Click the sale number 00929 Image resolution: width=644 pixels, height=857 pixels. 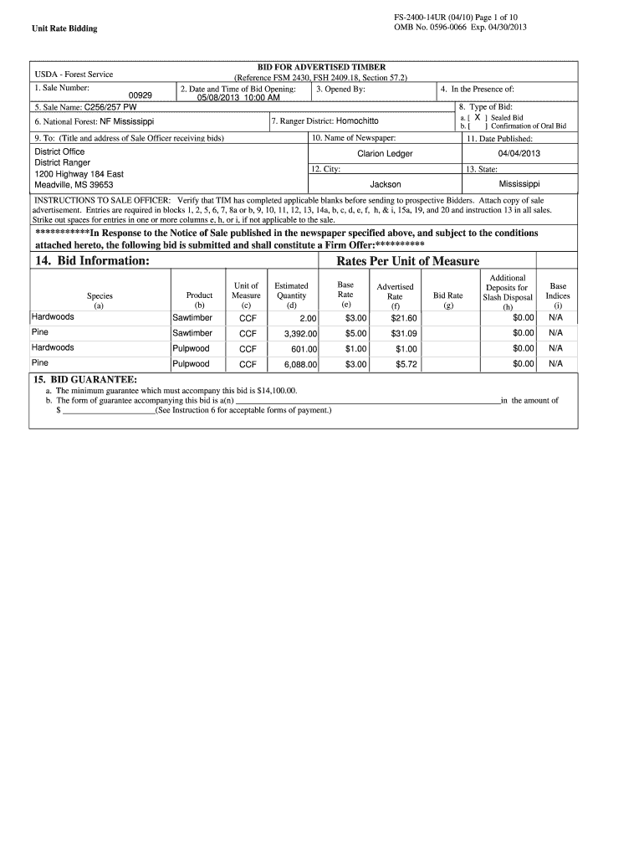[140, 96]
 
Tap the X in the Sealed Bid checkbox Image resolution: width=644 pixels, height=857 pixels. [477, 118]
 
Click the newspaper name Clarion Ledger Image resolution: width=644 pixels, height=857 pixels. [385, 154]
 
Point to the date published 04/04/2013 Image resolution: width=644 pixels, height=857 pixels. [519, 154]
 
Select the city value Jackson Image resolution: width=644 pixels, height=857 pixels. [385, 184]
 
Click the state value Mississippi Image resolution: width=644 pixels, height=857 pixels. [519, 183]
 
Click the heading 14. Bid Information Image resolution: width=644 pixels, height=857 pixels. [92, 261]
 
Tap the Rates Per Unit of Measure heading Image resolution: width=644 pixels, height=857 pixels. [407, 261]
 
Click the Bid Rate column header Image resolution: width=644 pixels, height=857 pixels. [448, 295]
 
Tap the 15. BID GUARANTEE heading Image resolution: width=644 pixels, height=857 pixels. [84, 379]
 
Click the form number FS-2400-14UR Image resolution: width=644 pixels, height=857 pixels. [427, 17]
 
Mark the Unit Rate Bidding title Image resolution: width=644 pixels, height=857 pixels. [64, 28]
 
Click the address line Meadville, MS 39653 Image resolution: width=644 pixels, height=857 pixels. [74, 185]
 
